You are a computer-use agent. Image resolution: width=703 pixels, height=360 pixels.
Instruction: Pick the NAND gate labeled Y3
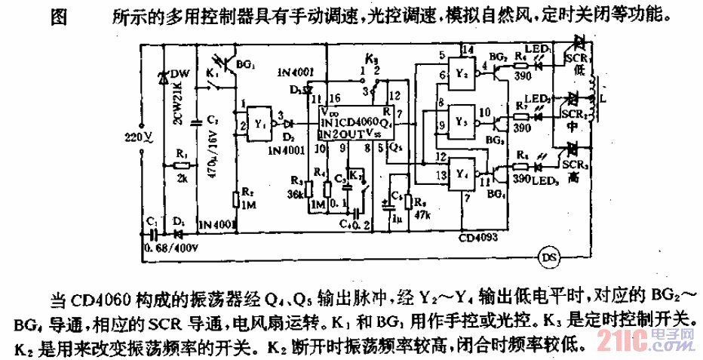click(x=462, y=121)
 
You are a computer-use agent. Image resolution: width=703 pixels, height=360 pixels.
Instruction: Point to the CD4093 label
click(x=480, y=235)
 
